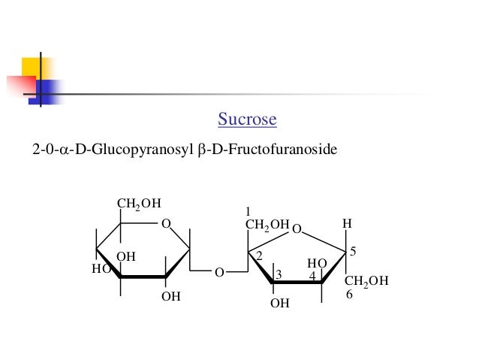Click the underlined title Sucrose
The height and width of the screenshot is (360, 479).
pos(247,119)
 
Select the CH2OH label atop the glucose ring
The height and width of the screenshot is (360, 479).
pos(140,203)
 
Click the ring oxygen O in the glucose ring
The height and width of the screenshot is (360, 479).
pos(166,223)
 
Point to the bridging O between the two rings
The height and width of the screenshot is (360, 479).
pos(219,273)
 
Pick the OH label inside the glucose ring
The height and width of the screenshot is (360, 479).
pos(125,256)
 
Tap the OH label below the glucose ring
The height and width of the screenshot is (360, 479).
pos(171,296)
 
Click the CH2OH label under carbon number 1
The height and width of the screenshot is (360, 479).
pos(267,224)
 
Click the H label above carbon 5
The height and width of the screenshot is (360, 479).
pos(346,224)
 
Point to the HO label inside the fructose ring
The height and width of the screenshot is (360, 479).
pos(317,264)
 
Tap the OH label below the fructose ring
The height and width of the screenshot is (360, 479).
pos(279,303)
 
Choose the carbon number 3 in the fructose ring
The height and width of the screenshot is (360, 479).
pos(278,276)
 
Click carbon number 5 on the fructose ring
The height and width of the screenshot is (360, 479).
pos(353,250)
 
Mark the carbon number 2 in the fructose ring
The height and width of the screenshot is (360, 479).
pos(258,256)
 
